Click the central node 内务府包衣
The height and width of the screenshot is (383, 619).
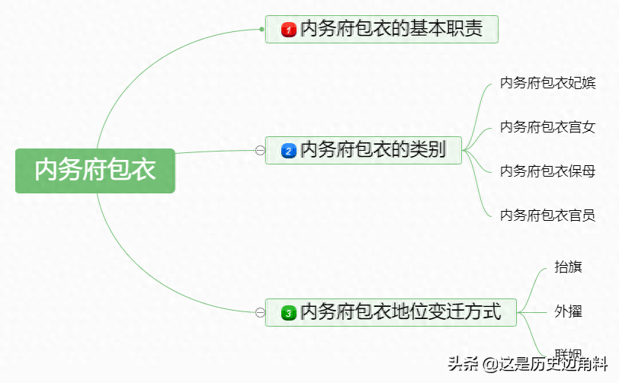[95, 170]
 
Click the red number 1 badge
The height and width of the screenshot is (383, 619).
[288, 30]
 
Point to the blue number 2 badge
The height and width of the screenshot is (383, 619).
[288, 151]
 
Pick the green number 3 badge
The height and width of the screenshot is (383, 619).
[288, 312]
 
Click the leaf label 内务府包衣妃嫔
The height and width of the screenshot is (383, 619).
[547, 83]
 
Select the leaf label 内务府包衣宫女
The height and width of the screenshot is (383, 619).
[547, 127]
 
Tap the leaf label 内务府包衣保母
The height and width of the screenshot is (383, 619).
[547, 171]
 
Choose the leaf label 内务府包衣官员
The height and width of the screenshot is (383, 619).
[547, 215]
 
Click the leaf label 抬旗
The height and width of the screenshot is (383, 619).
[569, 267]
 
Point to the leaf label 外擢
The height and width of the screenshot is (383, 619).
[569, 311]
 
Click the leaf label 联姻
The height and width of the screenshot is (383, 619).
[569, 354]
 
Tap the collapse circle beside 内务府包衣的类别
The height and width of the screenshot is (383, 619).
[260, 151]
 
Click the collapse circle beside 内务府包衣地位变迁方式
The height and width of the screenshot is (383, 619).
[260, 312]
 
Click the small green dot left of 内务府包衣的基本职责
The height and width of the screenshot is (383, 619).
[261, 30]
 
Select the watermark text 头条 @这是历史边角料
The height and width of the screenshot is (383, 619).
[526, 364]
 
